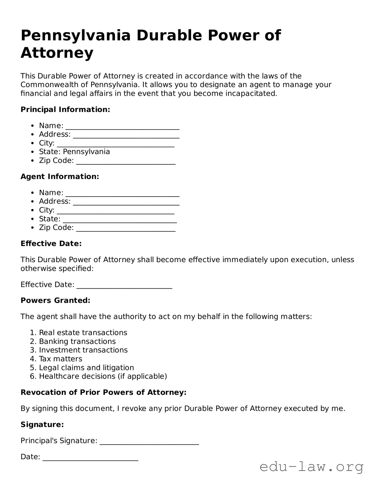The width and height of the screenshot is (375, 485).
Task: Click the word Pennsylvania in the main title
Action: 75,35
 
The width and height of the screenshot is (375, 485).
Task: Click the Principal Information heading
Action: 65,109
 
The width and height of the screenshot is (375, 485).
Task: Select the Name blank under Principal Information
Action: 123,126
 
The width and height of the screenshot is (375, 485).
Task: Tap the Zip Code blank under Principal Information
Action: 126,161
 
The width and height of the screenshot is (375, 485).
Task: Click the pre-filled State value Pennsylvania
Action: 86,152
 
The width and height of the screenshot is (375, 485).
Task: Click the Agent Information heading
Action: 60,177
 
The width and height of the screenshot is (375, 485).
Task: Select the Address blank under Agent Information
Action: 126,202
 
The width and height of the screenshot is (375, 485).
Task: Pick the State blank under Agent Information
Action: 120,220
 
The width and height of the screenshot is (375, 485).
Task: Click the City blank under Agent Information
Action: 116,211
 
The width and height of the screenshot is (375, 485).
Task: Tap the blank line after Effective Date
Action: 124,285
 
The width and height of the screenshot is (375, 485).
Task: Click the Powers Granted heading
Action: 55,300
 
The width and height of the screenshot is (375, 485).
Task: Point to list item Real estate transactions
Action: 83,333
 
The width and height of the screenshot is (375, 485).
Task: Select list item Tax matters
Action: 61,359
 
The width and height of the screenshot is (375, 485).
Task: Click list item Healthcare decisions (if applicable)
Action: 103,376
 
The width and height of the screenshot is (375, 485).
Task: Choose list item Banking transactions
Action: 77,341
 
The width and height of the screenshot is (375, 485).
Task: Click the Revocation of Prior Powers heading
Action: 104,392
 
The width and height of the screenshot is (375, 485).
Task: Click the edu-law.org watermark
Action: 311,467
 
